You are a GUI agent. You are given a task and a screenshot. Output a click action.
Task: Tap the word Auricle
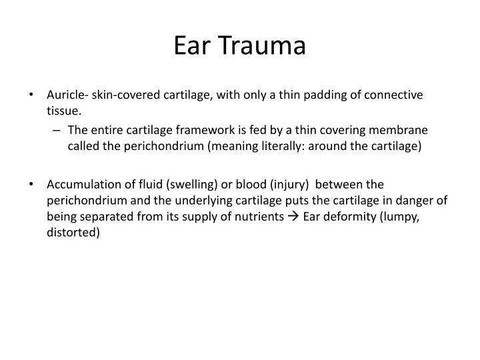65,95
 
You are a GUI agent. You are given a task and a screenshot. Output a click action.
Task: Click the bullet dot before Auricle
33,95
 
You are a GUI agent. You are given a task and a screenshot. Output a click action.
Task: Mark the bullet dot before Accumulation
33,183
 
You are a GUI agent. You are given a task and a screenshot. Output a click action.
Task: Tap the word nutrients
253,216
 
